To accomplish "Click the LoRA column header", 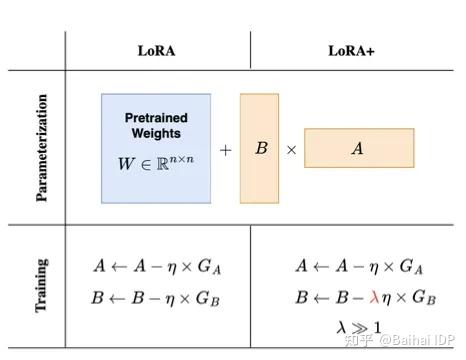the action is pos(157,49).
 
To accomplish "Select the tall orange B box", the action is pos(260,148).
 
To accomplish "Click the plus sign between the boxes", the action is pos(225,149).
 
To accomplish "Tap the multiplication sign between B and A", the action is pos(291,149).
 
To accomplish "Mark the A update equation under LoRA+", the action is pos(351,266).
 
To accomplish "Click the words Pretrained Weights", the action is pos(156,125).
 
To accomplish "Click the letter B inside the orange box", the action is pos(260,148).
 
